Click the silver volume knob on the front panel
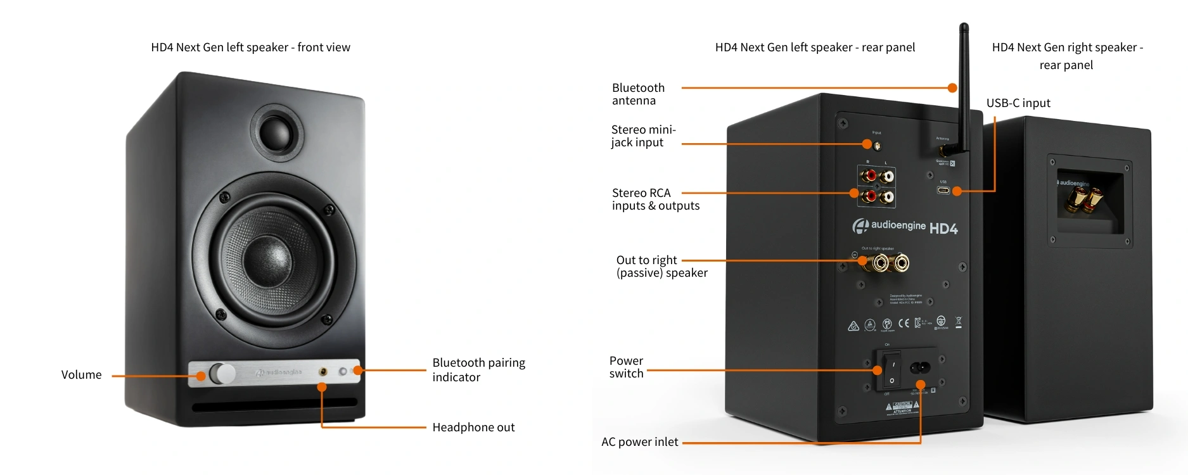(222, 373)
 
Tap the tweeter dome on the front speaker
(277, 132)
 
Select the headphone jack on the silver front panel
(323, 372)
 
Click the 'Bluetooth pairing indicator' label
(478, 370)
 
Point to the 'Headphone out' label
(473, 427)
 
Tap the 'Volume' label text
(81, 375)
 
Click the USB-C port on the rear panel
(943, 190)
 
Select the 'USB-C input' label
(1018, 103)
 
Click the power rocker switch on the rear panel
(891, 371)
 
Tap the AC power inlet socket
(920, 367)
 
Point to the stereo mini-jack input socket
(877, 146)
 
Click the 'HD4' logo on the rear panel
(943, 229)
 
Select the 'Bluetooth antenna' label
(638, 94)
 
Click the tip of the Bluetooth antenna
(964, 27)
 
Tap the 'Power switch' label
(626, 367)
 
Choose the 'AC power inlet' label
(639, 442)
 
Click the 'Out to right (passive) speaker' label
(661, 267)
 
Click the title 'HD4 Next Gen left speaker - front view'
(250, 47)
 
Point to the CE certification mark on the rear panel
(904, 324)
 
